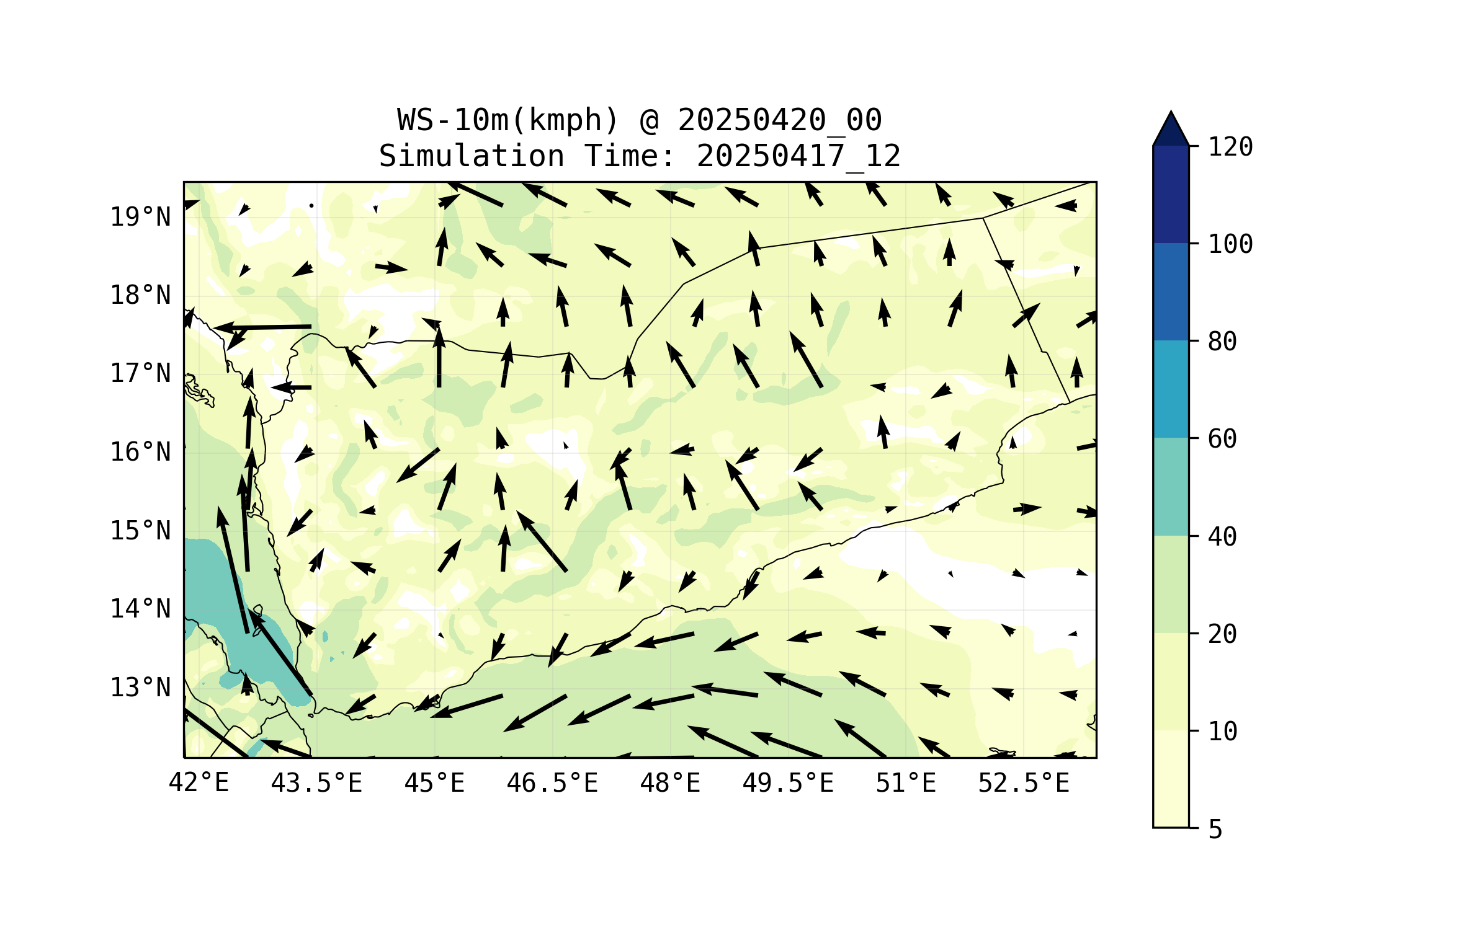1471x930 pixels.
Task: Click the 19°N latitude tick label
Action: coord(140,218)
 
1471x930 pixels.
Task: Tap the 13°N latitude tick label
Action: coord(140,688)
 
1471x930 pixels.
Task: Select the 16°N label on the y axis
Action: coord(140,453)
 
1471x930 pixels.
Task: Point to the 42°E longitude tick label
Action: coord(199,783)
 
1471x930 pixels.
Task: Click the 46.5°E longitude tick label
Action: coord(552,783)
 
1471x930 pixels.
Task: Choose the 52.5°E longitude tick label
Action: coord(1024,783)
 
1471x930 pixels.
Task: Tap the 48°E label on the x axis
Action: coord(670,783)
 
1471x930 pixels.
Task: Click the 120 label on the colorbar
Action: coord(1230,148)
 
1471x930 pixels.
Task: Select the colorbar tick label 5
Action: coord(1215,830)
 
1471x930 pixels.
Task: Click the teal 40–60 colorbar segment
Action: coord(1171,487)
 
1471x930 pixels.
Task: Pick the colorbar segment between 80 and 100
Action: coord(1171,291)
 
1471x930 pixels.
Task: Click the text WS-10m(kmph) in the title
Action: coord(508,120)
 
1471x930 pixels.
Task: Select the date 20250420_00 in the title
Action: coord(779,120)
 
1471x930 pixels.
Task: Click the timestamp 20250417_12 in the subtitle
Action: coord(798,156)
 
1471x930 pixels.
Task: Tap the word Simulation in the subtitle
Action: coord(472,156)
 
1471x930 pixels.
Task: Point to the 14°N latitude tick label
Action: coord(140,609)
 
